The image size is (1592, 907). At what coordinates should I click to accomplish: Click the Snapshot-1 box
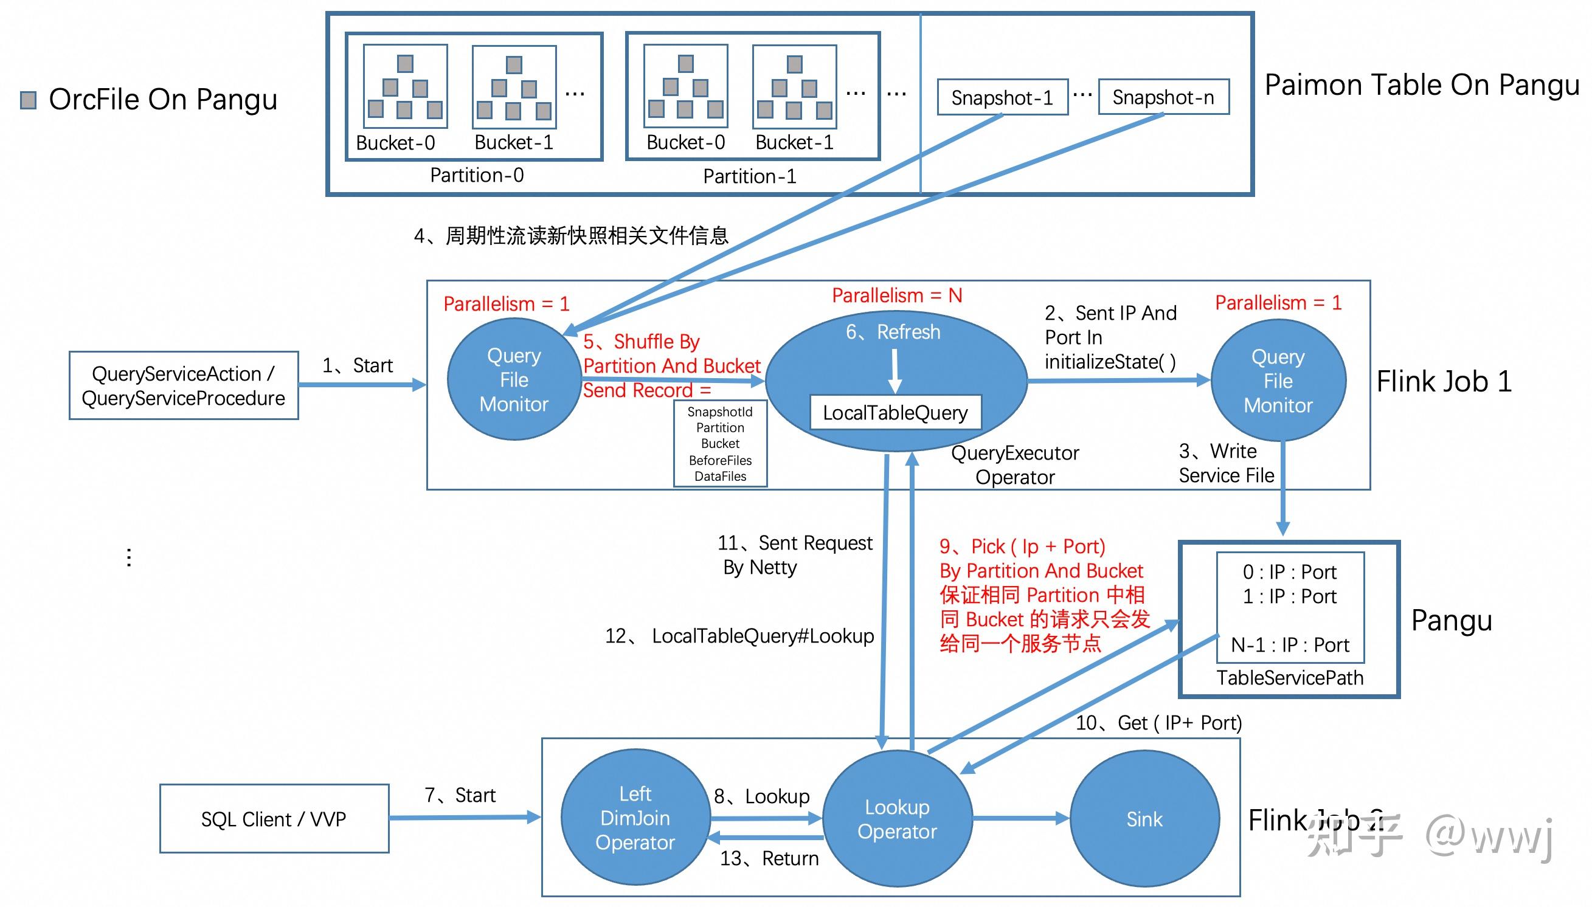click(x=1002, y=98)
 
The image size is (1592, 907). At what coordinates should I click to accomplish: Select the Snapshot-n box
click(x=1163, y=97)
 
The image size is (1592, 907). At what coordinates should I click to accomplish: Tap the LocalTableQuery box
click(x=895, y=413)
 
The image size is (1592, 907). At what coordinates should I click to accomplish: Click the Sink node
click(x=1144, y=819)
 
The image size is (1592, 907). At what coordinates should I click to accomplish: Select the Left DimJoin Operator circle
click(x=635, y=818)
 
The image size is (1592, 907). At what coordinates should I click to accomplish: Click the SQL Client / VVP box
click(x=274, y=818)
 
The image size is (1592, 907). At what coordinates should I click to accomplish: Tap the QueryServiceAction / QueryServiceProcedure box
click(x=183, y=385)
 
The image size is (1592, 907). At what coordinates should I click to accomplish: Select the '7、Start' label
click(x=460, y=796)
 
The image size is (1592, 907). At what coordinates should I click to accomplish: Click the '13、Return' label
click(x=769, y=858)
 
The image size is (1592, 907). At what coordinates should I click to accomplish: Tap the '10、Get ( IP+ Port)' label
click(x=1158, y=723)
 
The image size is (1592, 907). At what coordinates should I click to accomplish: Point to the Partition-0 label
click(x=477, y=175)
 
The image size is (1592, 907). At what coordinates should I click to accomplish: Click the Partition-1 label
click(x=750, y=176)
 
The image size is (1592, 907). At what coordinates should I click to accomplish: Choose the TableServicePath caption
click(x=1290, y=678)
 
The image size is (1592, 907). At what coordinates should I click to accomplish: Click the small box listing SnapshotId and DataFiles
click(x=721, y=444)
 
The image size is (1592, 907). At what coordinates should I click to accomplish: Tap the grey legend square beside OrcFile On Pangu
click(x=28, y=100)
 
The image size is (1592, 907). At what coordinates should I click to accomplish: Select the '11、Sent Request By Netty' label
click(x=794, y=555)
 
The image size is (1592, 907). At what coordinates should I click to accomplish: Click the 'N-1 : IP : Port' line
click(x=1290, y=645)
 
